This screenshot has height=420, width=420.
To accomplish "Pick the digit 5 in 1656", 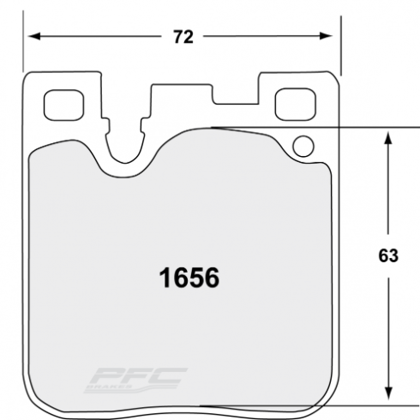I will pyautogui.click(x=197, y=278).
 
